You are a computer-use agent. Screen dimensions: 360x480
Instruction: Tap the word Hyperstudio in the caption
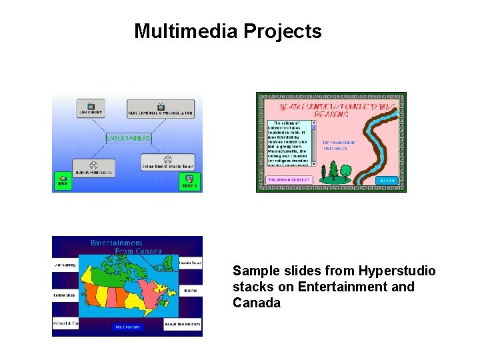pyautogui.click(x=397, y=271)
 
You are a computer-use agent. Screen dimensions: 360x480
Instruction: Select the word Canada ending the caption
pyautogui.click(x=257, y=303)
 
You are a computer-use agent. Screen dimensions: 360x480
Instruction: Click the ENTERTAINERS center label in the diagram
pyautogui.click(x=129, y=138)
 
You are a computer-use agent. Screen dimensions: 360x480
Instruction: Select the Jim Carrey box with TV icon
pyautogui.click(x=91, y=109)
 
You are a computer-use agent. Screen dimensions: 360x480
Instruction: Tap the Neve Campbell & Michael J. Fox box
pyautogui.click(x=161, y=109)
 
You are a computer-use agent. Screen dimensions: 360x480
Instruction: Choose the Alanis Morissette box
pyautogui.click(x=93, y=168)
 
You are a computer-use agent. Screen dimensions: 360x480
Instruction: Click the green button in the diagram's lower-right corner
pyautogui.click(x=190, y=181)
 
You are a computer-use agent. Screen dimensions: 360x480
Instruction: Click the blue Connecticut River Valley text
pyautogui.click(x=339, y=145)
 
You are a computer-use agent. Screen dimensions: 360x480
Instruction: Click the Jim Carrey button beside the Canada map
pyautogui.click(x=65, y=265)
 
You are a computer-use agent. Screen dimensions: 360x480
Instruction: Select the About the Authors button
pyautogui.click(x=183, y=325)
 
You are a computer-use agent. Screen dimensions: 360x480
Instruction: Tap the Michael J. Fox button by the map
pyautogui.click(x=65, y=324)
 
